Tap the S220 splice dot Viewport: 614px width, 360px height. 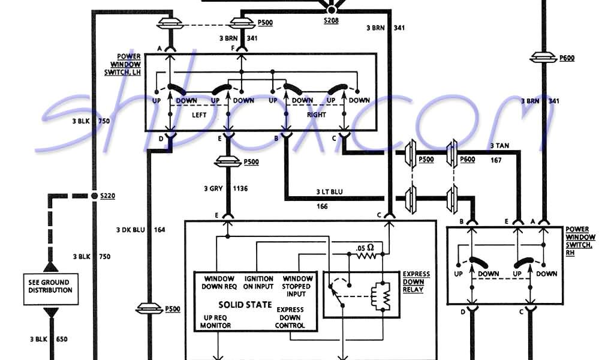click(94, 196)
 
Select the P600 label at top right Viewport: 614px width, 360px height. click(567, 58)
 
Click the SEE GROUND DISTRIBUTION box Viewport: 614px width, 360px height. click(50, 286)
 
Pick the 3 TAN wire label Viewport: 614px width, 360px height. click(500, 145)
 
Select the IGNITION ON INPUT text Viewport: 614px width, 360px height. click(258, 283)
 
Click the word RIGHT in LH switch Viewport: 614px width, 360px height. click(316, 115)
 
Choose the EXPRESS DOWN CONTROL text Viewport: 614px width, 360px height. click(290, 317)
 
